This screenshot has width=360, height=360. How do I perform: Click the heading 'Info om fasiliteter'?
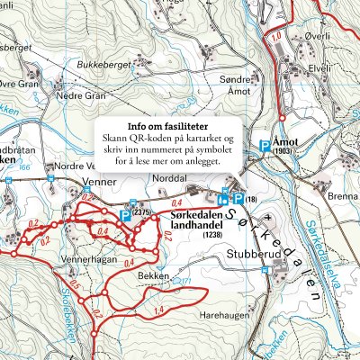pos(169,126)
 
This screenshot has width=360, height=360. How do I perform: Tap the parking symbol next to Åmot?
pos(265,144)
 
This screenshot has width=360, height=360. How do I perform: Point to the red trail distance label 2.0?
pos(166,236)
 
